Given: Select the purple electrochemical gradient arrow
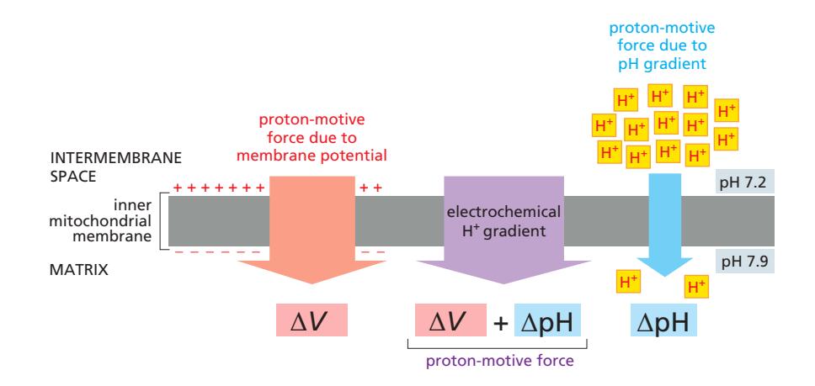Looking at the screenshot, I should pyautogui.click(x=503, y=235).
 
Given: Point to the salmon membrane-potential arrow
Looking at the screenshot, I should pyautogui.click(x=312, y=235).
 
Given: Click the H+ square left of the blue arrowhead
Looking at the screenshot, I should pyautogui.click(x=628, y=280).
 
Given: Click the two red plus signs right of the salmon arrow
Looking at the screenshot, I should pyautogui.click(x=370, y=187).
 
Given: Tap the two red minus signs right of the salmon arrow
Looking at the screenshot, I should pyautogui.click(x=371, y=252).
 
